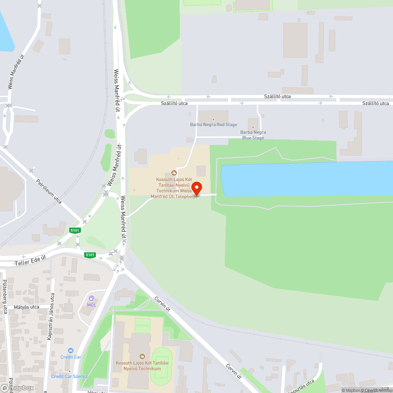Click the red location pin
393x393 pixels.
click(x=196, y=188)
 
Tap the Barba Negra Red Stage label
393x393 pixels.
click(x=213, y=125)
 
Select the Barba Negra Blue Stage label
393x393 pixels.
click(x=253, y=135)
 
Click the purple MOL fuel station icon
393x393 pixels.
click(x=92, y=299)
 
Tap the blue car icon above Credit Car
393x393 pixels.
click(x=71, y=351)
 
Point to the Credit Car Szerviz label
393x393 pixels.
click(x=70, y=376)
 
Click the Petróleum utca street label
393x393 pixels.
click(x=49, y=191)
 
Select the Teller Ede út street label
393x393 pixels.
click(x=30, y=260)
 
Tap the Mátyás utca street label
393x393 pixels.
click(x=26, y=307)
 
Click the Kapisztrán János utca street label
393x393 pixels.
click(x=50, y=316)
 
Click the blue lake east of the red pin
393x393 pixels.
click(x=307, y=179)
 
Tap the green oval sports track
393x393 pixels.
click(x=161, y=366)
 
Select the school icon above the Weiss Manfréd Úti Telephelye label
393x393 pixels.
click(x=174, y=173)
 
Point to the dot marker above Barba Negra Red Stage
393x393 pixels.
click(x=213, y=119)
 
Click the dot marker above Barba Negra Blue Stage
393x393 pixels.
click(x=253, y=127)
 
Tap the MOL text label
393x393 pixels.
click(x=92, y=305)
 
